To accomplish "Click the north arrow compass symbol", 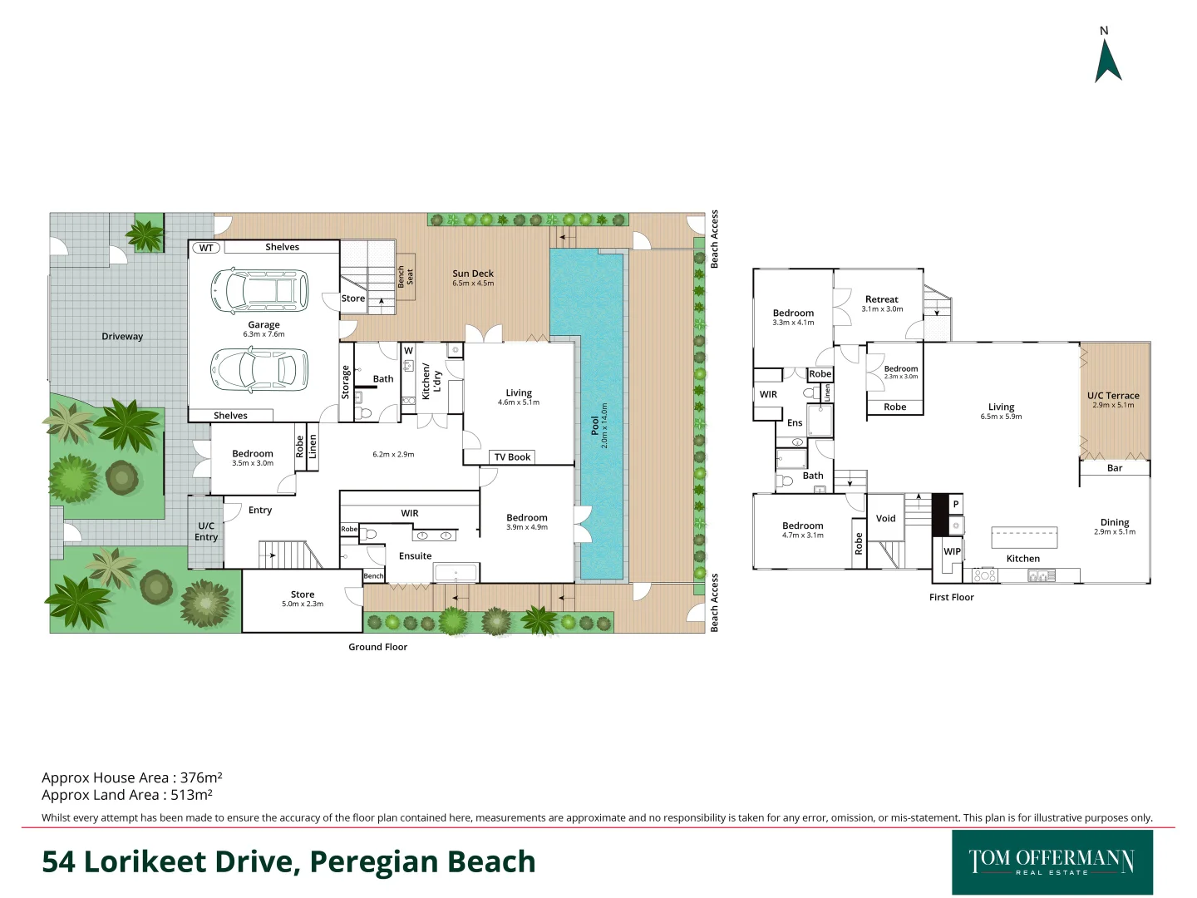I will pyautogui.click(x=1107, y=60).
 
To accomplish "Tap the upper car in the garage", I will pyautogui.click(x=259, y=290).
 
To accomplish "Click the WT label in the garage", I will pyautogui.click(x=206, y=248).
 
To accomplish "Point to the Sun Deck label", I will pyautogui.click(x=473, y=274).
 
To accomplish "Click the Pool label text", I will pyautogui.click(x=595, y=426).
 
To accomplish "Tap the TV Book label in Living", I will pyautogui.click(x=512, y=457).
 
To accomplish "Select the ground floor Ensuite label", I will pyautogui.click(x=415, y=556).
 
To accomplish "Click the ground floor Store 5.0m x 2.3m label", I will pyautogui.click(x=303, y=599).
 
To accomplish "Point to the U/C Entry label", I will pyautogui.click(x=206, y=531).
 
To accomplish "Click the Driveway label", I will pyautogui.click(x=122, y=337).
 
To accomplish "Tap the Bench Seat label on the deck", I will pyautogui.click(x=405, y=276).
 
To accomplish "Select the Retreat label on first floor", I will pyautogui.click(x=881, y=299).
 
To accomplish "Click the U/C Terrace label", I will pyautogui.click(x=1113, y=397).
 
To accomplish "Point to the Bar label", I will pyautogui.click(x=1114, y=468).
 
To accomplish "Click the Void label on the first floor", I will pyautogui.click(x=886, y=519).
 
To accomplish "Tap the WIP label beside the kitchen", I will pyautogui.click(x=952, y=551).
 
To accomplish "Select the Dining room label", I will pyautogui.click(x=1114, y=523).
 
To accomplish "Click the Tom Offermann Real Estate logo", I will pyautogui.click(x=1052, y=862).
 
